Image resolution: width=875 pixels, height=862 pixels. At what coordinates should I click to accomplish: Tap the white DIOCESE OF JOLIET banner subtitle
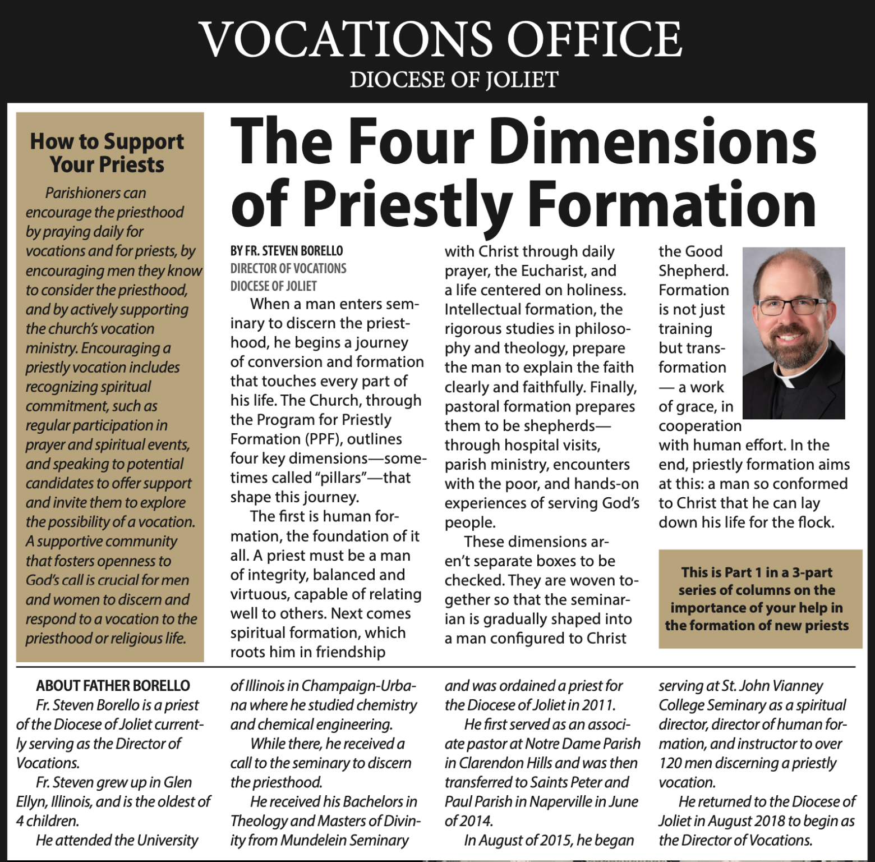coord(454,80)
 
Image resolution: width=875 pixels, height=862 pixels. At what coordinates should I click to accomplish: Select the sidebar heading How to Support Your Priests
coord(107,153)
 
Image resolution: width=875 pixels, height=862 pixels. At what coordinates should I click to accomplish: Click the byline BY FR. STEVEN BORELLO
coord(287,251)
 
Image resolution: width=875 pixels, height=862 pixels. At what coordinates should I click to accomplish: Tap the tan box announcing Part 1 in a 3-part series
coord(759,599)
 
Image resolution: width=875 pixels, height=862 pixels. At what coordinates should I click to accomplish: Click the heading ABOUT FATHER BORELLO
coord(113,686)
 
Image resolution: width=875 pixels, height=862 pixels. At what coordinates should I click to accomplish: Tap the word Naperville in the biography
coord(565,801)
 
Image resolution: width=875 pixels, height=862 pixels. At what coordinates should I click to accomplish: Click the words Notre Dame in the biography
coord(563,744)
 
